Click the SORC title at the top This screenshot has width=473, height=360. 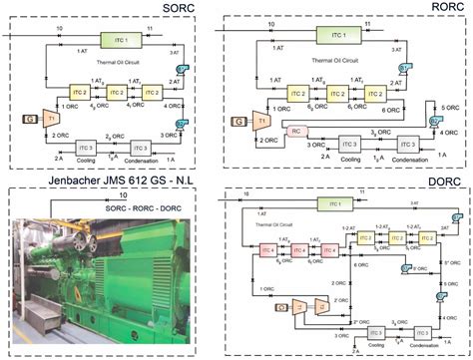coord(108,9)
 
